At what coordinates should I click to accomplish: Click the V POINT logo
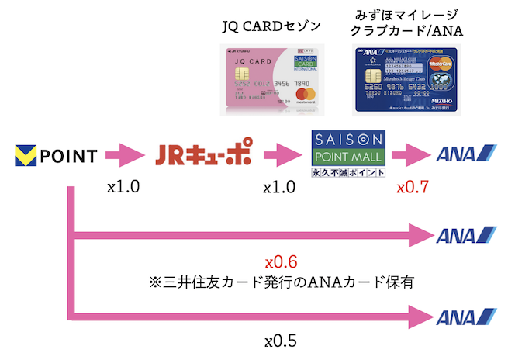[56, 156]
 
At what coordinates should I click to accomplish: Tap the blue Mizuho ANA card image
[406, 80]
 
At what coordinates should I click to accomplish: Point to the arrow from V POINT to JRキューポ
[124, 156]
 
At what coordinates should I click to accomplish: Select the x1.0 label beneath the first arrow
[123, 188]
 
